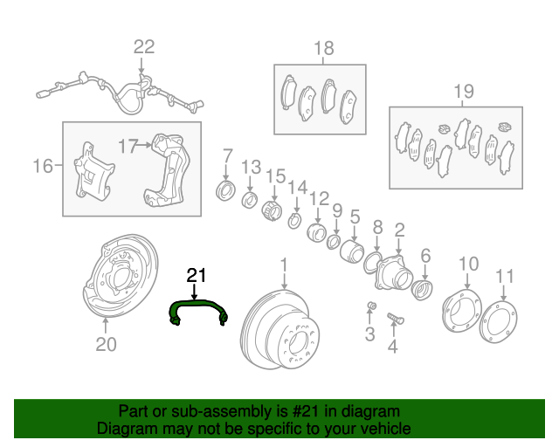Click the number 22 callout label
143,47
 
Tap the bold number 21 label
197,276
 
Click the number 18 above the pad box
324,48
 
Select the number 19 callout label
464,91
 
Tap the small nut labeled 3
370,305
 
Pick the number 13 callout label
251,167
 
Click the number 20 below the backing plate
105,344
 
